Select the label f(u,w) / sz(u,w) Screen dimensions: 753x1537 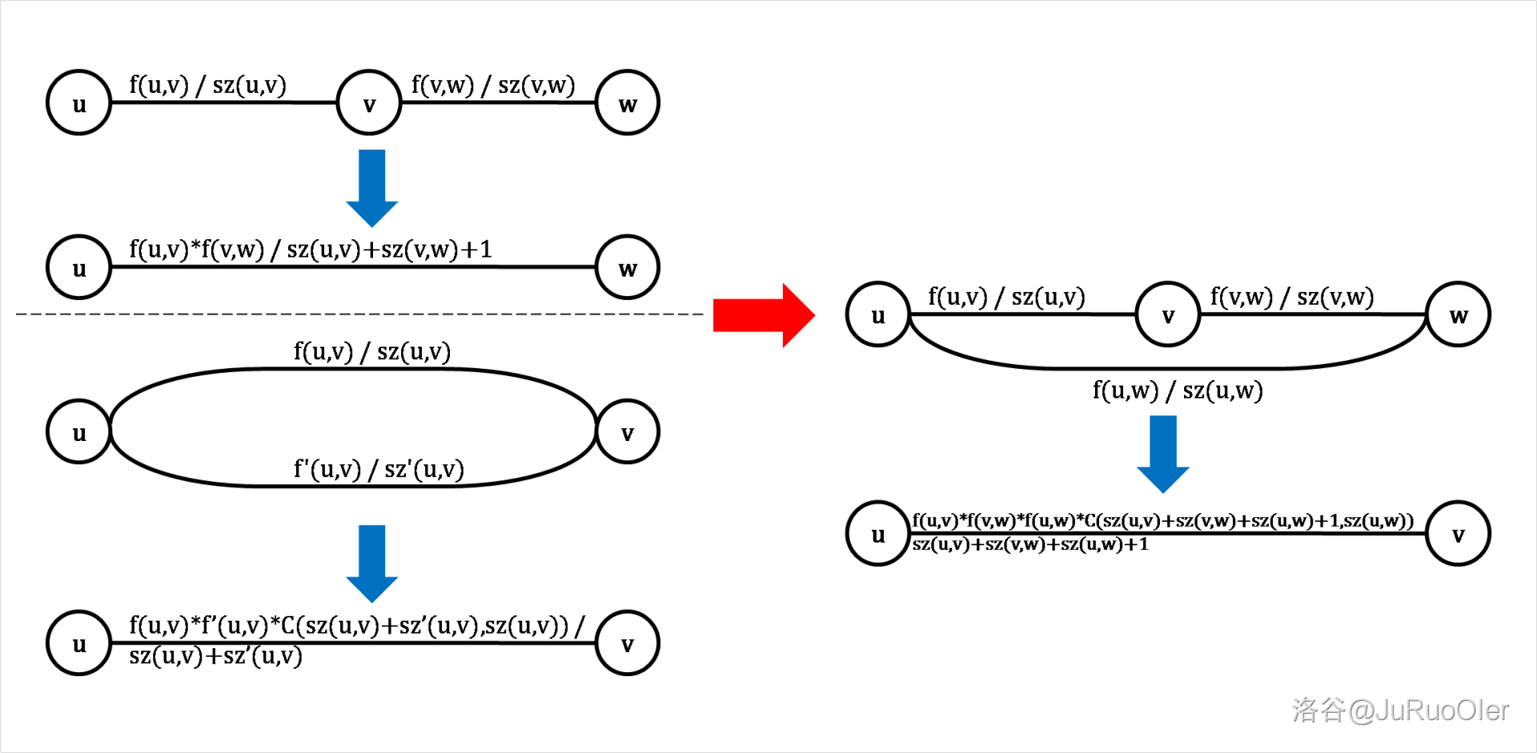[x=1178, y=391]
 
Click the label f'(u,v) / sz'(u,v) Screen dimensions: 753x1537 [x=379, y=469]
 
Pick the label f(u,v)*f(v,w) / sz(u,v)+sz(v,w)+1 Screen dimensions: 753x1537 [x=311, y=250]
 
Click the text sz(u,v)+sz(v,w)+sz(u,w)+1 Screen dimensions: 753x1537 [x=1030, y=545]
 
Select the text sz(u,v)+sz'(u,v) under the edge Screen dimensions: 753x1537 [x=215, y=657]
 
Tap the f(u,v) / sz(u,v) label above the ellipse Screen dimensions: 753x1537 [x=371, y=351]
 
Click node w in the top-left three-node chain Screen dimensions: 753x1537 [x=628, y=103]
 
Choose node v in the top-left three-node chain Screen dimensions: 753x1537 [x=369, y=103]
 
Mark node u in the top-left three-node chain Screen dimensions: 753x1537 [x=78, y=103]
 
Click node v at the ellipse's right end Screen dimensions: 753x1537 [x=628, y=433]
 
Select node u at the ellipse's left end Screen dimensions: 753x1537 [x=78, y=433]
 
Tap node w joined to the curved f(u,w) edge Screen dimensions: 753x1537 [x=1458, y=314]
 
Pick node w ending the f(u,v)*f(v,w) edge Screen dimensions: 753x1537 [x=628, y=267]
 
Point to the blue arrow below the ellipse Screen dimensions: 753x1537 [x=371, y=563]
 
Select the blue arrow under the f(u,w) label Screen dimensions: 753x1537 [x=1163, y=454]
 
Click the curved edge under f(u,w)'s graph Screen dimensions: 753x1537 [x=1169, y=367]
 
